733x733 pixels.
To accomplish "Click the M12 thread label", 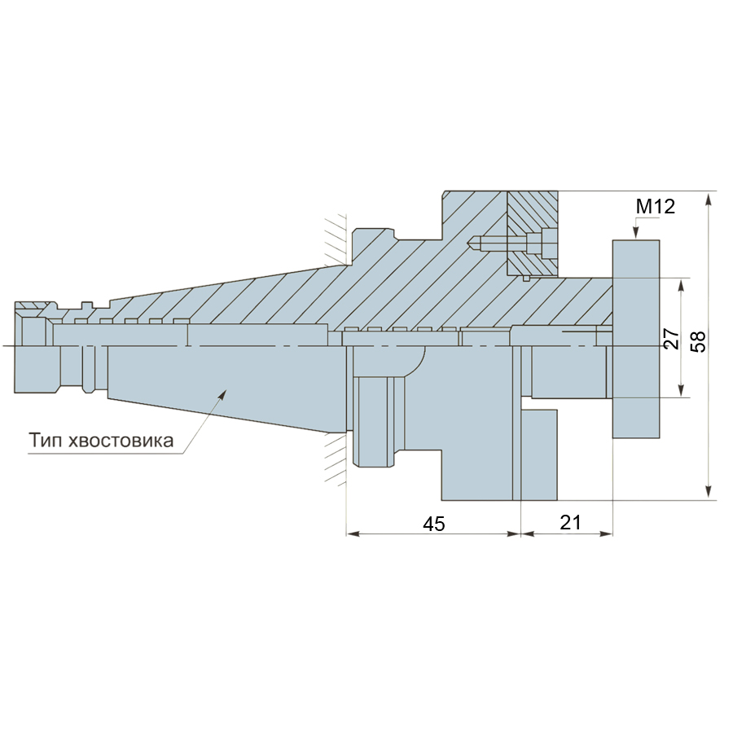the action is pos(656,206).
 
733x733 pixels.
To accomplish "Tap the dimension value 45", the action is pos(434,524).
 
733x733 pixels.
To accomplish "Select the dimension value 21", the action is pos(570,523).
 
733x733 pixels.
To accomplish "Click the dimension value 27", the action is pos(672,339).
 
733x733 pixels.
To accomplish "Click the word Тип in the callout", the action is pos(46,441).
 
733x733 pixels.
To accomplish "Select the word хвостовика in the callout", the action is pos(121,441).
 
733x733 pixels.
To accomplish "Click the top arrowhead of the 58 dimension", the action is pos(709,198).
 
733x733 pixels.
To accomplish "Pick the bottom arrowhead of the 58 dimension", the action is pos(709,493).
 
